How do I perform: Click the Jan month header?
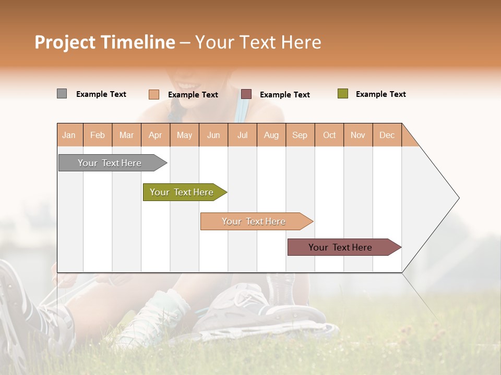coord(69,135)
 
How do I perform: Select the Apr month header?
coord(156,135)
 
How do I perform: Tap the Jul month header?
coord(242,135)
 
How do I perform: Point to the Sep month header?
coord(300,135)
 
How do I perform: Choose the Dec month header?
coord(387,135)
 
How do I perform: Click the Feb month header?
coord(98,135)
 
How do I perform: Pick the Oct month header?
coord(329,135)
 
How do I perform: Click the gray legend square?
coord(62,94)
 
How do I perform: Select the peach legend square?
coord(154,94)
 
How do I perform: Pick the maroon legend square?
coord(246,94)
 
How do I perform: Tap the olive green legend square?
coord(342,94)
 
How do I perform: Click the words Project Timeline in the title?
coord(105,42)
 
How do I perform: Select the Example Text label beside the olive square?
coord(380,94)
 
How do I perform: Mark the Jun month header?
coord(213,135)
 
